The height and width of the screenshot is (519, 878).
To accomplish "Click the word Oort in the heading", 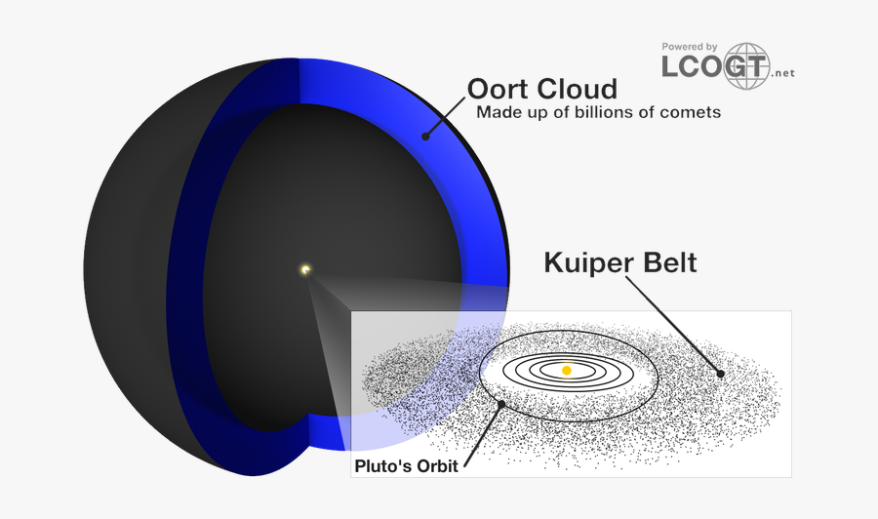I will click(498, 89).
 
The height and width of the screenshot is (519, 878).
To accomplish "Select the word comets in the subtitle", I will click(688, 112).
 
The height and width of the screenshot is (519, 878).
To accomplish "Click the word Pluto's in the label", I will click(382, 465).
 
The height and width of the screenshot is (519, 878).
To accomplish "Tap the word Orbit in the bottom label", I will click(435, 465).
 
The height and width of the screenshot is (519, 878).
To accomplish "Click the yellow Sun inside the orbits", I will click(566, 371).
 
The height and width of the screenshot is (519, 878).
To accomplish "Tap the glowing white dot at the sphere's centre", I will click(305, 270).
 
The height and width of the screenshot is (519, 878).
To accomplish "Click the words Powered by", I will click(690, 46).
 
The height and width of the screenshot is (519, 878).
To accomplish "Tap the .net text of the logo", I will click(782, 73).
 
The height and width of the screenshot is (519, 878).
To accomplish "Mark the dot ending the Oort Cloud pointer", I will click(425, 137).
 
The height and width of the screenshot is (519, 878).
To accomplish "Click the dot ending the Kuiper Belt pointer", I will click(720, 373).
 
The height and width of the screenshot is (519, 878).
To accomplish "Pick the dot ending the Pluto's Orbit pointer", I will click(501, 403).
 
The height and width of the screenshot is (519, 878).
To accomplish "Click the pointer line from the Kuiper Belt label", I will click(673, 324).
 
